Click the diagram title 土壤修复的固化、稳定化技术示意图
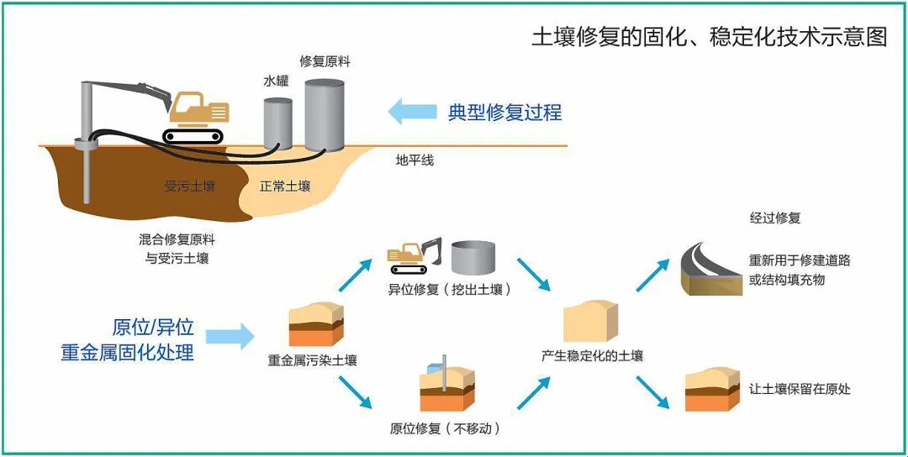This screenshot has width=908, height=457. pyautogui.click(x=709, y=37)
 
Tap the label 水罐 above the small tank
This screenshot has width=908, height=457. pyautogui.click(x=276, y=81)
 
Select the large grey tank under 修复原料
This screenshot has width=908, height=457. pyautogui.click(x=325, y=115)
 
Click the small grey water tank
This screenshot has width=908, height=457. pyautogui.click(x=277, y=123)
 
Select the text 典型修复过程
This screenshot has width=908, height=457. pyautogui.click(x=504, y=112)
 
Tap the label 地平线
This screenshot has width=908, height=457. pyautogui.click(x=414, y=160)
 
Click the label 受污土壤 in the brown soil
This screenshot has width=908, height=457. pyautogui.click(x=189, y=186)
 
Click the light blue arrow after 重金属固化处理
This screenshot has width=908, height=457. pyautogui.click(x=230, y=337)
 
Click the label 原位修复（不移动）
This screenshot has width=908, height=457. pyautogui.click(x=445, y=428)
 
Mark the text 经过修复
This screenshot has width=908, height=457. pyautogui.click(x=775, y=218)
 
